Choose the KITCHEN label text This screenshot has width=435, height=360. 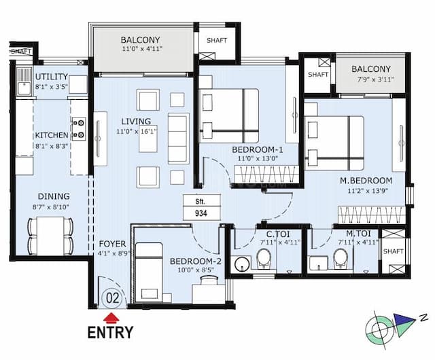[x=52, y=134]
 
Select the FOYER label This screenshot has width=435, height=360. [x=111, y=243]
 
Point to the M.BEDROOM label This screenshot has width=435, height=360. [x=366, y=181]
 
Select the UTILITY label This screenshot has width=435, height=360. [x=52, y=77]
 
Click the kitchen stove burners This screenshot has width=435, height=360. [x=79, y=129]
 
